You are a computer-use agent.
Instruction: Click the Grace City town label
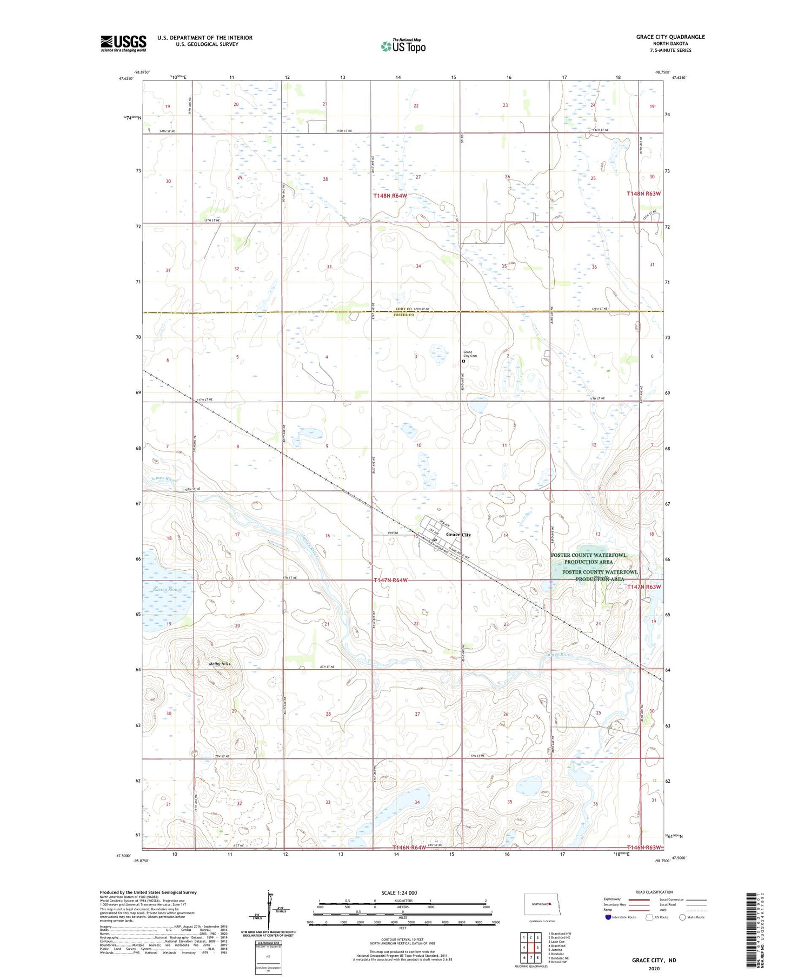pyautogui.click(x=458, y=535)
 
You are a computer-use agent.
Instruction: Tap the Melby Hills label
pyautogui.click(x=219, y=664)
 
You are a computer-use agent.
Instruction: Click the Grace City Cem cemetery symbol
pyautogui.click(x=463, y=362)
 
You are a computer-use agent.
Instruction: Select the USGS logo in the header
pyautogui.click(x=123, y=43)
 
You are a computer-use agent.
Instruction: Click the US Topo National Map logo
pyautogui.click(x=403, y=46)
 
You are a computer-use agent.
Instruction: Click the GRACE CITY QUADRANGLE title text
pyautogui.click(x=670, y=37)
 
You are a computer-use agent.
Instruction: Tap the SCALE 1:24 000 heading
pyautogui.click(x=399, y=892)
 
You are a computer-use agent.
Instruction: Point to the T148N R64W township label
pyautogui.click(x=389, y=196)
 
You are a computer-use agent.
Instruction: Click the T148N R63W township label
pyautogui.click(x=643, y=194)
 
